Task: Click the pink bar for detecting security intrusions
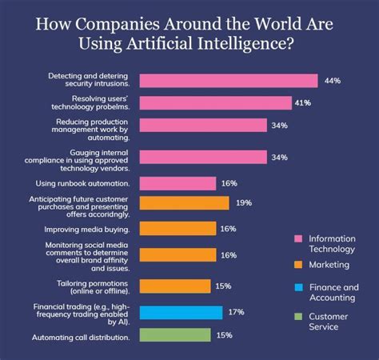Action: click(229, 81)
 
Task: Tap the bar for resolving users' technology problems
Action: click(215, 103)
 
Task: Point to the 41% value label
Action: click(304, 103)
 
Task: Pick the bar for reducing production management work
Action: click(203, 125)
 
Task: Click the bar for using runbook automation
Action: click(178, 183)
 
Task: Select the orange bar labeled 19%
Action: click(183, 203)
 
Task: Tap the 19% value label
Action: click(243, 203)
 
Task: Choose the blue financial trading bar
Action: click(181, 312)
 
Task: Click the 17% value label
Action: click(237, 312)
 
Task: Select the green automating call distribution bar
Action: click(175, 335)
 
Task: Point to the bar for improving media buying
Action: click(178, 228)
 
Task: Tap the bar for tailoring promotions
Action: click(175, 286)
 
